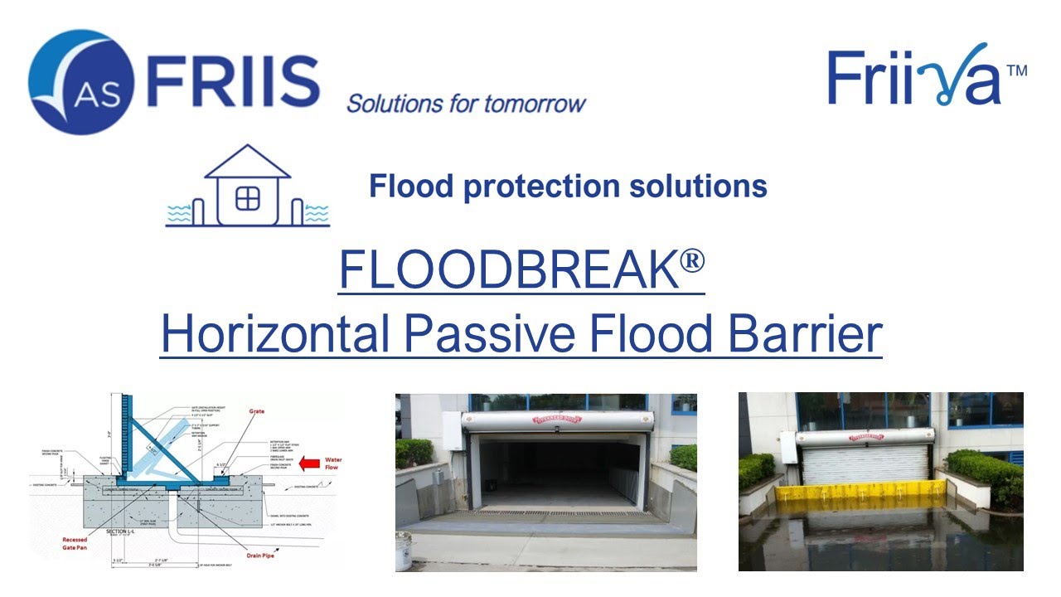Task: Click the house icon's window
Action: click(x=247, y=199)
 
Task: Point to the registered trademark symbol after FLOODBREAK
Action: click(x=693, y=260)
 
